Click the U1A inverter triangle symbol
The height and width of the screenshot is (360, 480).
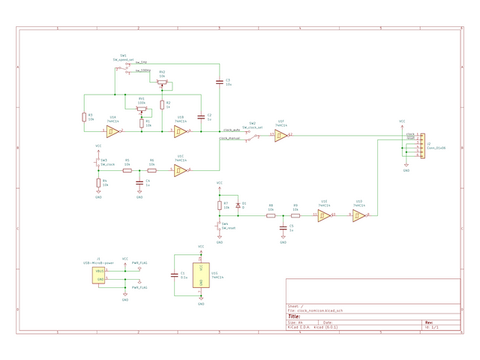click(111, 132)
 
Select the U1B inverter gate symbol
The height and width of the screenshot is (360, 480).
click(179, 132)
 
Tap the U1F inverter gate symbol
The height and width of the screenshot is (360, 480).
click(280, 135)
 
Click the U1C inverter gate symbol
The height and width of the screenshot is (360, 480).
click(180, 171)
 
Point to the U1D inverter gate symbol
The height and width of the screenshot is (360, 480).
click(358, 216)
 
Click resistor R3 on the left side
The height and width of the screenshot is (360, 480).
click(83, 117)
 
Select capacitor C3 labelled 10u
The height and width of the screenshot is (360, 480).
click(219, 81)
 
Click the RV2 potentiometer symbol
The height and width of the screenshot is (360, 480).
click(162, 83)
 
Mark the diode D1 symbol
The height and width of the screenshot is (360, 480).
click(238, 205)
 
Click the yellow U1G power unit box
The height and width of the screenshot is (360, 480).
click(201, 274)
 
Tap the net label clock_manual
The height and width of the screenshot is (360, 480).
click(229, 139)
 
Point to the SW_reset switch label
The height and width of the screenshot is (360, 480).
click(229, 227)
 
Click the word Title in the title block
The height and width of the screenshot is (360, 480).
click(295, 316)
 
